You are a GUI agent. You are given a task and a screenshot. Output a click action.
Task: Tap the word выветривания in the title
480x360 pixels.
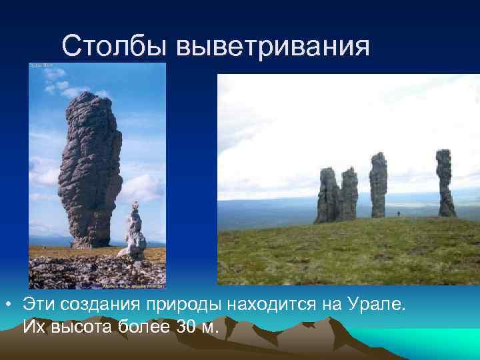point(273,46)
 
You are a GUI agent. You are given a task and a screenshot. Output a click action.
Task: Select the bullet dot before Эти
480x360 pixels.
point(7,305)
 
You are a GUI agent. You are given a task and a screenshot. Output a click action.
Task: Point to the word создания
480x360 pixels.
point(93,305)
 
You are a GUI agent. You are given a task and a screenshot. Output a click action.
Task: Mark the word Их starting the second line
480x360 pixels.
point(33,327)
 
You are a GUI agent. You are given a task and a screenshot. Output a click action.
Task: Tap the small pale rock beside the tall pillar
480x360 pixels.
point(135,233)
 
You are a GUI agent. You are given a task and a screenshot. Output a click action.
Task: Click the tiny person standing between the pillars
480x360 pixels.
point(399,213)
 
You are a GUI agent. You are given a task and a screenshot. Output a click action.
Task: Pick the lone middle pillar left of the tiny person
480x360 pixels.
point(378,185)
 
